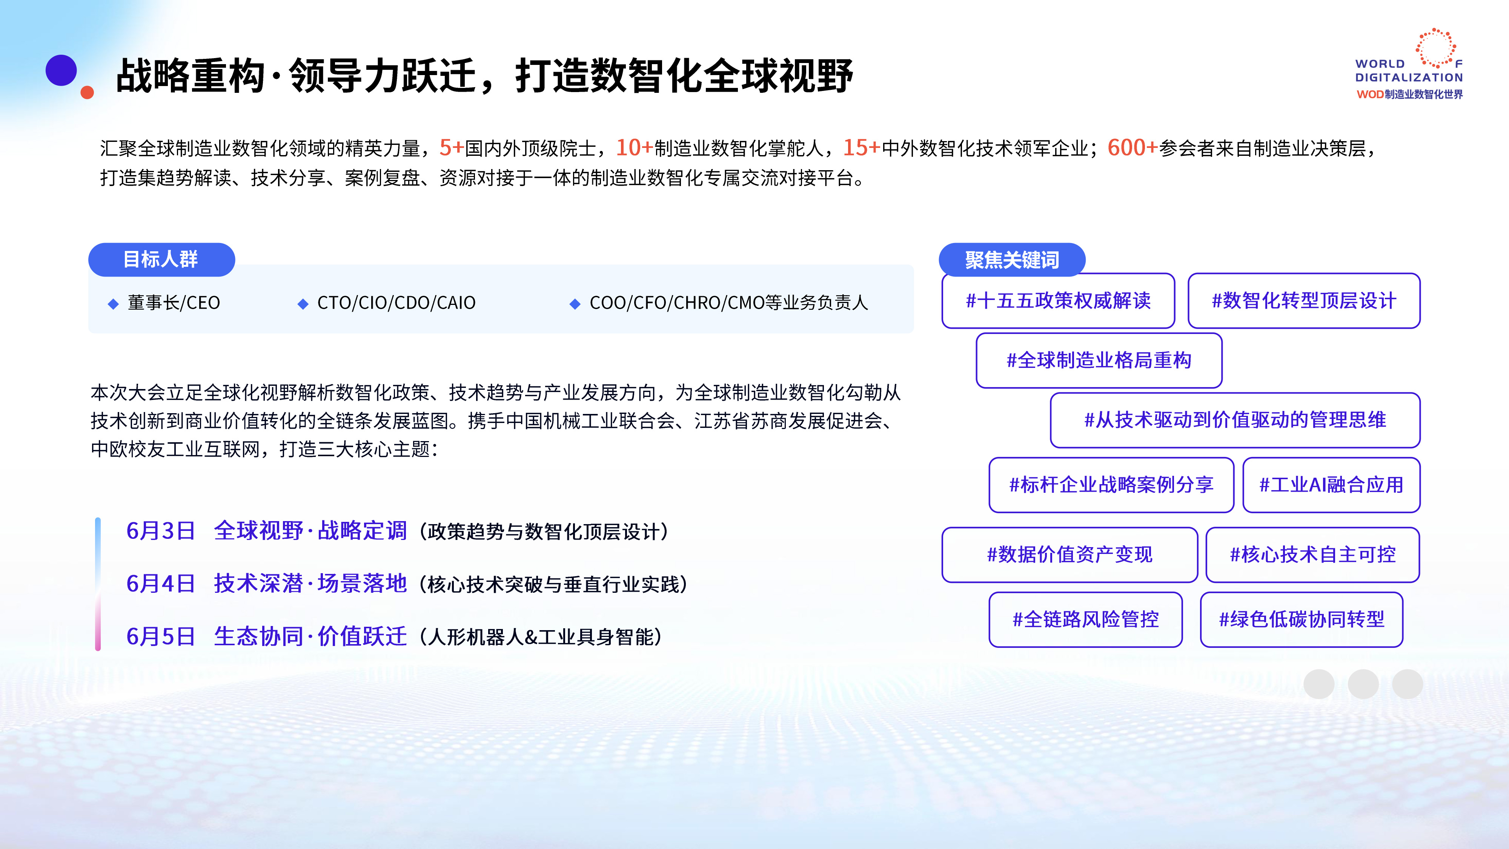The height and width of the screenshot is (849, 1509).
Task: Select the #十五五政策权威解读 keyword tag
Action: pyautogui.click(x=1058, y=301)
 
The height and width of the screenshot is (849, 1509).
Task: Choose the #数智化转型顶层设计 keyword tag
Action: pyautogui.click(x=1304, y=301)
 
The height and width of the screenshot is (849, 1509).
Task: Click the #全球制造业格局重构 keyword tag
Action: pyautogui.click(x=1099, y=360)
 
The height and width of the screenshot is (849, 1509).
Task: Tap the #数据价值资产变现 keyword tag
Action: pyautogui.click(x=1070, y=555)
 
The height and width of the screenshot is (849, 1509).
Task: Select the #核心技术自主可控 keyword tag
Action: pyautogui.click(x=1313, y=555)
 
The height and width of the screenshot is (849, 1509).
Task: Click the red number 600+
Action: pyautogui.click(x=1133, y=148)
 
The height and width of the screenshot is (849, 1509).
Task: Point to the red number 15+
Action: pyautogui.click(x=862, y=148)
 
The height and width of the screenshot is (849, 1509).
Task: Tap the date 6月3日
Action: pyautogui.click(x=160, y=531)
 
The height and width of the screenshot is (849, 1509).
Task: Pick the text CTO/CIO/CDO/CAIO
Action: pyautogui.click(x=396, y=303)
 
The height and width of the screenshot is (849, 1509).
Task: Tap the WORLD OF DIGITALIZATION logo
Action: pyautogui.click(x=1409, y=65)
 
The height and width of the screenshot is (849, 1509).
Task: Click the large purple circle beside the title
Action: pyautogui.click(x=61, y=70)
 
